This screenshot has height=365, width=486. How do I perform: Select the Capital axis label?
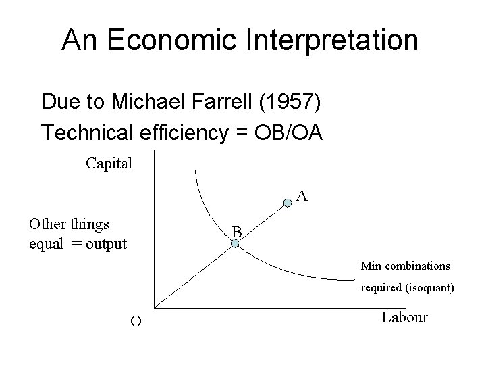point(109,163)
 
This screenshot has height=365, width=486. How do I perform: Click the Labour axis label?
point(404,317)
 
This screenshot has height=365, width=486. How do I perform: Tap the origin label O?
point(135,322)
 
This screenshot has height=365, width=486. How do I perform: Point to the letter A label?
point(303,197)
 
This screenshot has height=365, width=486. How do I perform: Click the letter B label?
point(236,232)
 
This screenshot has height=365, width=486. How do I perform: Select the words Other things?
point(70,224)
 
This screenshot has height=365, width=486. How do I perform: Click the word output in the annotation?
point(107,243)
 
